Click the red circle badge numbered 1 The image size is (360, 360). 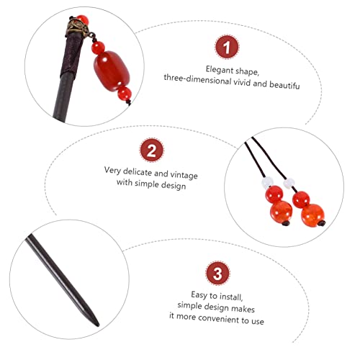coord(225,49)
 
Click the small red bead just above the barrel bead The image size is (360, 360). coord(98,49)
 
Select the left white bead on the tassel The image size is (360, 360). coord(270,183)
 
